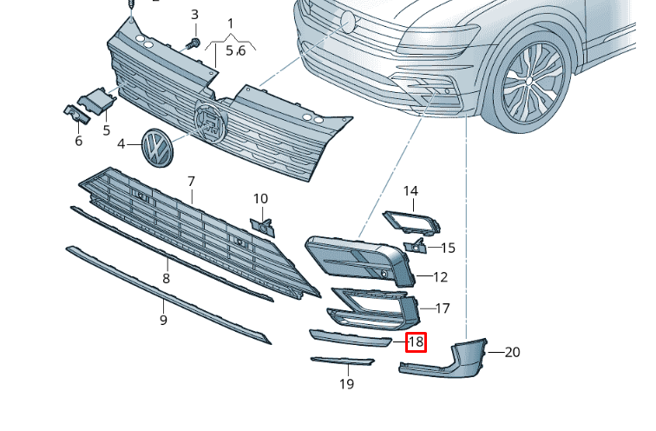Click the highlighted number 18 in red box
[417, 341]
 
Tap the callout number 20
[512, 352]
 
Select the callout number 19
[346, 383]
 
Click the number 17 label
[442, 308]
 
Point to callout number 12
[440, 277]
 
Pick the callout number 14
[410, 190]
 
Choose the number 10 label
[260, 199]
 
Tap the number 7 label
[191, 181]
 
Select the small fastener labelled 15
[417, 247]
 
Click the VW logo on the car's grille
[349, 22]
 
